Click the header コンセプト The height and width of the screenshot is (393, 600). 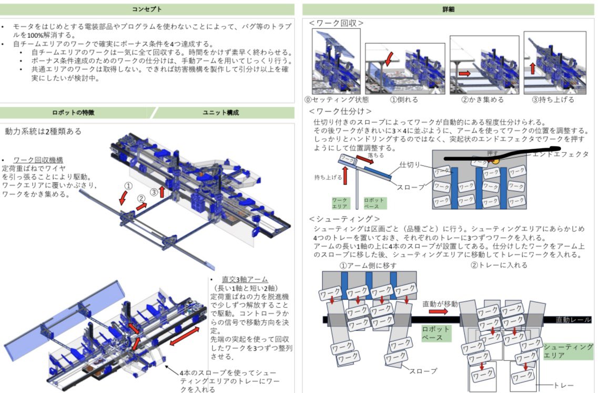[147, 9]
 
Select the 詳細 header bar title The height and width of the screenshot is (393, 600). [449, 9]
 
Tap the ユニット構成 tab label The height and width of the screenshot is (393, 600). [221, 112]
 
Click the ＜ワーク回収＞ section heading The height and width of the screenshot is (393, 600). [336, 23]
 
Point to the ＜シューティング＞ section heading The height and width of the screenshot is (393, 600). [344, 219]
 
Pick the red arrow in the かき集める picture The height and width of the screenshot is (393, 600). [464, 74]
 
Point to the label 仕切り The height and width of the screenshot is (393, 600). [410, 164]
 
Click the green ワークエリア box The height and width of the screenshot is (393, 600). [340, 204]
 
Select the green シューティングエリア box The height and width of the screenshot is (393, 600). [568, 351]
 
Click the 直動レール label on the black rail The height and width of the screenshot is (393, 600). [573, 319]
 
